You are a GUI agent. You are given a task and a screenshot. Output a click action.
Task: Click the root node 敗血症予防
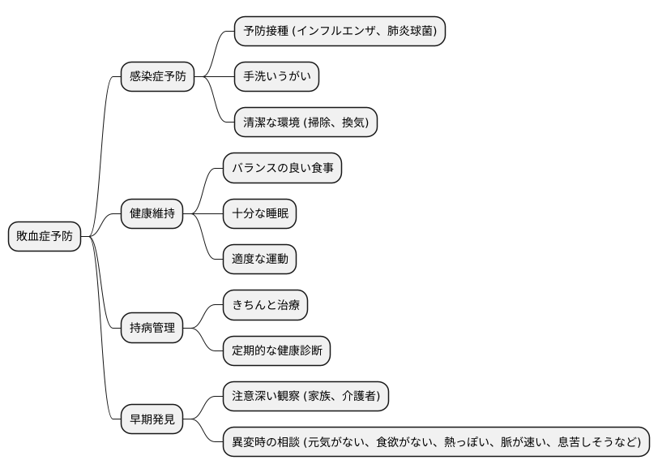tap(45, 237)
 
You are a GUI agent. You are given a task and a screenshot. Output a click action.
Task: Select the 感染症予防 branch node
tap(157, 77)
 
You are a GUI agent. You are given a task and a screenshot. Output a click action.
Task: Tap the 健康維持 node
tap(152, 214)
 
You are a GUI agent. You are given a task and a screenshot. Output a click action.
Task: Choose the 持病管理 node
tap(152, 329)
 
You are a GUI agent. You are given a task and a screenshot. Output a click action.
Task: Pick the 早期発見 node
tap(152, 419)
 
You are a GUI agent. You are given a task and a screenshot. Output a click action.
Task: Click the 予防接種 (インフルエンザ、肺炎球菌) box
tap(340, 32)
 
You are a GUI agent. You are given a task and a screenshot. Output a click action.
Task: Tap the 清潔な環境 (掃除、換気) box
tap(305, 123)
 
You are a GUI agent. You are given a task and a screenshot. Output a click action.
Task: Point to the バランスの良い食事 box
tap(282, 169)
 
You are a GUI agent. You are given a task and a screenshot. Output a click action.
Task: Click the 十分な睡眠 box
tap(259, 214)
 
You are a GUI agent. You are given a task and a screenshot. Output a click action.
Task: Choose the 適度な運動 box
tap(259, 260)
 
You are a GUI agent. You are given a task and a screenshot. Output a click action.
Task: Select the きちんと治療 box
tap(265, 306)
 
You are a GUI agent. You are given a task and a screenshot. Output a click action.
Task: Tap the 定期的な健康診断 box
tap(276, 351)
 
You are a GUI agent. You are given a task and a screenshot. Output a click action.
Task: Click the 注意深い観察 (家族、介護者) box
tap(305, 397)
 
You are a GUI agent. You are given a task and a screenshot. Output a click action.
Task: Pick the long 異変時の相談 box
tap(436, 442)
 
